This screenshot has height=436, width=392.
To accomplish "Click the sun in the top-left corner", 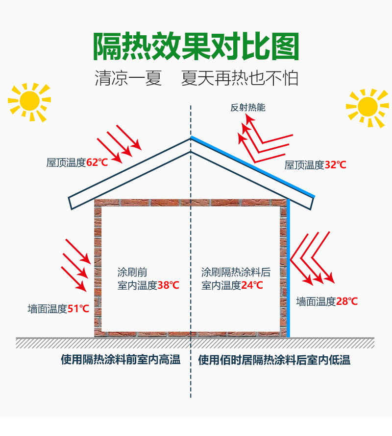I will (29, 101).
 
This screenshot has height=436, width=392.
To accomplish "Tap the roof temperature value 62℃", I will (97, 162).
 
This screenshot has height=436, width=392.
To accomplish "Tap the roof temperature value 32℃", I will (335, 165).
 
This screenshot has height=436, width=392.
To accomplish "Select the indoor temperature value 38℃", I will (168, 285).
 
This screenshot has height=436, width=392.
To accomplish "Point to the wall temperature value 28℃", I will (346, 301).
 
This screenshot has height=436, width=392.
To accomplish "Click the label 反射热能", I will (248, 108).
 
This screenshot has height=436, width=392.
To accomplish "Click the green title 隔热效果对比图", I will (196, 47).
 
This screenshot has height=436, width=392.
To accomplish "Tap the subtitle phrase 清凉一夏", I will (128, 79).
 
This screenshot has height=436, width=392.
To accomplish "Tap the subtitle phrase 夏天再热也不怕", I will (240, 79).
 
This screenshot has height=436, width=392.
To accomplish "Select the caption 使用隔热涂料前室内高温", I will (121, 360).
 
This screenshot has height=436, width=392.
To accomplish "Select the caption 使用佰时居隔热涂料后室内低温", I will (274, 360).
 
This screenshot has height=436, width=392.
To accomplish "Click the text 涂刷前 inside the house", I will (132, 272).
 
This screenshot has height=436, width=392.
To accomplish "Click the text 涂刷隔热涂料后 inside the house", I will (236, 272).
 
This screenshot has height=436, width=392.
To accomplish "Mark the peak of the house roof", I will (190, 139).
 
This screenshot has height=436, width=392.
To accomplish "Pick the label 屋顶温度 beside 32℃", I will (304, 165).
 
